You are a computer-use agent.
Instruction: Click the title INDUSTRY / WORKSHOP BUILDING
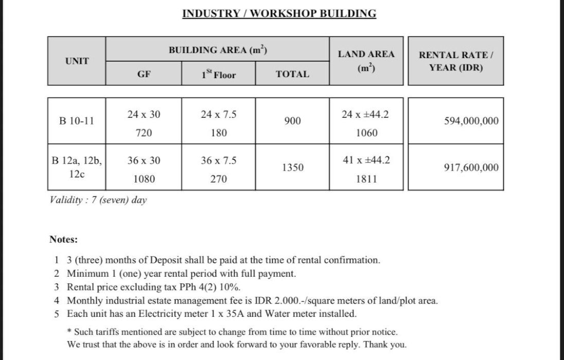pyautogui.click(x=279, y=13)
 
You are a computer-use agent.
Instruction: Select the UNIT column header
pyautogui.click(x=77, y=61)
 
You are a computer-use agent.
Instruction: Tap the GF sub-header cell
pyautogui.click(x=144, y=74)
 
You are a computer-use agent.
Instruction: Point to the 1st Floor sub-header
pyautogui.click(x=218, y=75)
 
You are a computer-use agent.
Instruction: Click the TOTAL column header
pyautogui.click(x=292, y=74)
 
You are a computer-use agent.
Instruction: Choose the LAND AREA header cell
pyautogui.click(x=366, y=61)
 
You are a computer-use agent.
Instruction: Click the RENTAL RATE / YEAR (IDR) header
pyautogui.click(x=455, y=61)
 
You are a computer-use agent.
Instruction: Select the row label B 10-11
pyautogui.click(x=77, y=121)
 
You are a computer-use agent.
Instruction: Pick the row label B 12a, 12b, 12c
pyautogui.click(x=77, y=167)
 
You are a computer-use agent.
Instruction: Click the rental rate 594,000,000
pyautogui.click(x=471, y=121)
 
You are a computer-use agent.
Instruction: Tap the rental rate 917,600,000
pyautogui.click(x=471, y=167)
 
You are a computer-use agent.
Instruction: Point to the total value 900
pyautogui.click(x=292, y=121)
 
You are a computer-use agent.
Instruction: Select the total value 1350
pyautogui.click(x=292, y=167)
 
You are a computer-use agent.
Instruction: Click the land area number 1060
pyautogui.click(x=366, y=133)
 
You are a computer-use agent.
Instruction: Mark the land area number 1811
pyautogui.click(x=366, y=179)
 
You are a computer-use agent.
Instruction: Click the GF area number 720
pyautogui.click(x=144, y=133)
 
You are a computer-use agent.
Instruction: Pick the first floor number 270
pyautogui.click(x=218, y=179)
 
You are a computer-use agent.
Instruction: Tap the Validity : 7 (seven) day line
pyautogui.click(x=98, y=200)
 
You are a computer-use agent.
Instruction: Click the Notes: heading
pyautogui.click(x=63, y=239)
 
